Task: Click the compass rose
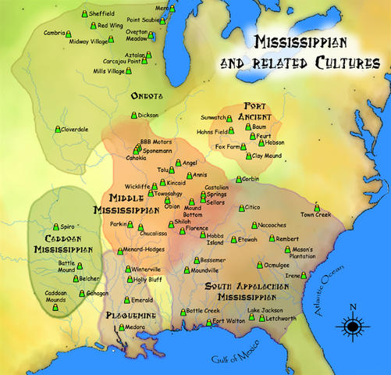pyautogui.click(x=352, y=324)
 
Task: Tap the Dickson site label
pyautogui.click(x=148, y=115)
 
